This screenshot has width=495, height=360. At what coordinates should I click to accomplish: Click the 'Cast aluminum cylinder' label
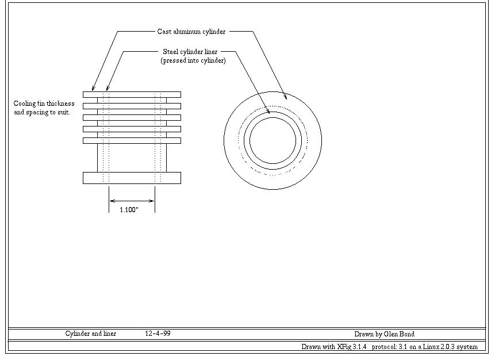click(191, 32)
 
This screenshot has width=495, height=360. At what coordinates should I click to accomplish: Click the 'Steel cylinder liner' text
click(190, 52)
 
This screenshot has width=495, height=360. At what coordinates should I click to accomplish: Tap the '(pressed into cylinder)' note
click(193, 60)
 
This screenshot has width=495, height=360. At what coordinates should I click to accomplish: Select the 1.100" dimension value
click(129, 210)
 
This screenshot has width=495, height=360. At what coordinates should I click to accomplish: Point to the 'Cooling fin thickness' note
click(44, 104)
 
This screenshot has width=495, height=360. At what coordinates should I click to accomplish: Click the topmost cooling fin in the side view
click(132, 94)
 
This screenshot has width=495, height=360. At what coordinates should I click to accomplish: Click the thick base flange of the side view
click(132, 178)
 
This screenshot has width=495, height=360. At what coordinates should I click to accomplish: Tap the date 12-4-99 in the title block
click(158, 334)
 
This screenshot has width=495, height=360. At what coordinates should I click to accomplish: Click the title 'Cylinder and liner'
click(91, 334)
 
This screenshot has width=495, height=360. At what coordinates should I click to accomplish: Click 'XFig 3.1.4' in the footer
click(352, 346)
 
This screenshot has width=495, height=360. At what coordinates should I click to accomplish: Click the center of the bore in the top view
click(273, 140)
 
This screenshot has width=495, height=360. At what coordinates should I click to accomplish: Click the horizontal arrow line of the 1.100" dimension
click(132, 201)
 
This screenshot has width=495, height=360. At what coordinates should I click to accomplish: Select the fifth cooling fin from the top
click(132, 140)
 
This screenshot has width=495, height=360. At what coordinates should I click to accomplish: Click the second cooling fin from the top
click(132, 106)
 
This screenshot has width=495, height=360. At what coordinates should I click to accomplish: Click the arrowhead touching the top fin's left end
click(93, 89)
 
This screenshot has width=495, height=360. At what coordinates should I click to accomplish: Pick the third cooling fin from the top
click(132, 117)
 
